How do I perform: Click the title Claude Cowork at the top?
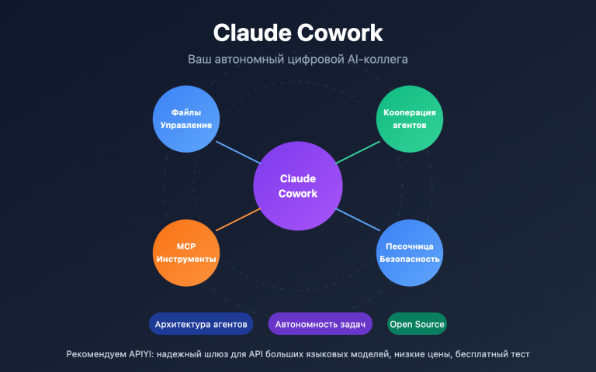(x=298, y=33)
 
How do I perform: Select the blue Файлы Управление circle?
(x=185, y=118)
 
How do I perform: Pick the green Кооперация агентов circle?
(x=410, y=118)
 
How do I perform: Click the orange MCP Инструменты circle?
(x=185, y=253)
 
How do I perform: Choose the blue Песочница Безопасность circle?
(x=410, y=253)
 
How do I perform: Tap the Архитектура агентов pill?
(x=202, y=324)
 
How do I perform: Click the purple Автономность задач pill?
(x=321, y=324)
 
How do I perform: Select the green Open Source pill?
(x=418, y=324)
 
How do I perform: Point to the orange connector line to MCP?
(x=236, y=220)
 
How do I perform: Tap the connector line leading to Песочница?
(x=359, y=220)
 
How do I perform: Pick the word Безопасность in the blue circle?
(x=410, y=259)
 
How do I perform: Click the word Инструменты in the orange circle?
(x=185, y=259)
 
